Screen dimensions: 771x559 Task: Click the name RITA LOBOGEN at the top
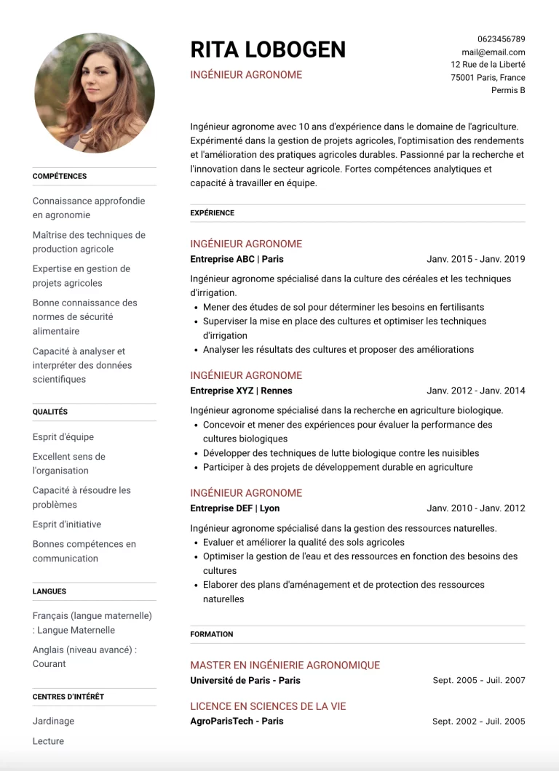(268, 49)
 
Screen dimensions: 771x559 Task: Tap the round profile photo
(95, 92)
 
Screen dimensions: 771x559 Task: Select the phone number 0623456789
(501, 39)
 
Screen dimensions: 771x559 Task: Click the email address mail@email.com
(493, 52)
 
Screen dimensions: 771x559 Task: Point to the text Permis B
(508, 90)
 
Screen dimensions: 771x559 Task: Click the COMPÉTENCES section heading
(60, 176)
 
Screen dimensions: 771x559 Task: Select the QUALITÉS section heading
(50, 412)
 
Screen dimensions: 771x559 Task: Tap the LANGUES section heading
(49, 591)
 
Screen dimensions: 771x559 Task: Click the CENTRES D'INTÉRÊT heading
(68, 697)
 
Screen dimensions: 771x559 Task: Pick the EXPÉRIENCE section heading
(213, 213)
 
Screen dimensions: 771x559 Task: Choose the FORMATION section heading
(212, 634)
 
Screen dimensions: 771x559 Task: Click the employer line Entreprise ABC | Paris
(237, 259)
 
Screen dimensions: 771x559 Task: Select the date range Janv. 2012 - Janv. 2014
(475, 391)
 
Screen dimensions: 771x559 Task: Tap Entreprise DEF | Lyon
(234, 508)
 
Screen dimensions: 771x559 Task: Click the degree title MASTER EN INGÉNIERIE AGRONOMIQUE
(285, 665)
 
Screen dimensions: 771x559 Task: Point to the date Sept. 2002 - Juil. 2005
(478, 722)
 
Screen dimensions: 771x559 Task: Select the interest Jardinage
(53, 721)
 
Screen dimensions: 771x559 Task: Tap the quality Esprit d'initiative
(67, 524)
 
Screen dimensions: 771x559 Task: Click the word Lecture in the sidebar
(48, 741)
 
